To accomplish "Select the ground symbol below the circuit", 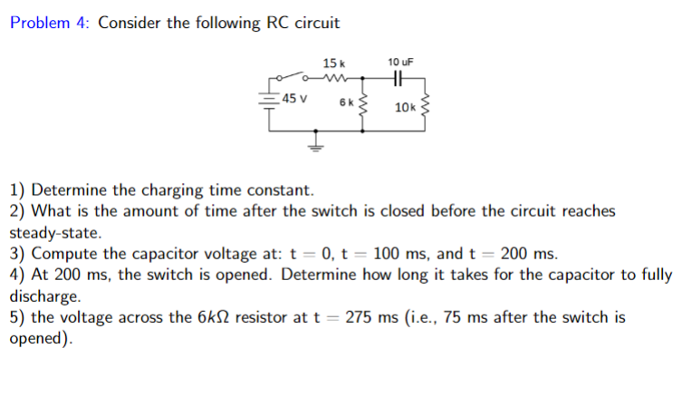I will click(x=316, y=144).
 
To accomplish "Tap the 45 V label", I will click(x=293, y=98).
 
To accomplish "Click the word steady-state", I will click(x=55, y=232).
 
